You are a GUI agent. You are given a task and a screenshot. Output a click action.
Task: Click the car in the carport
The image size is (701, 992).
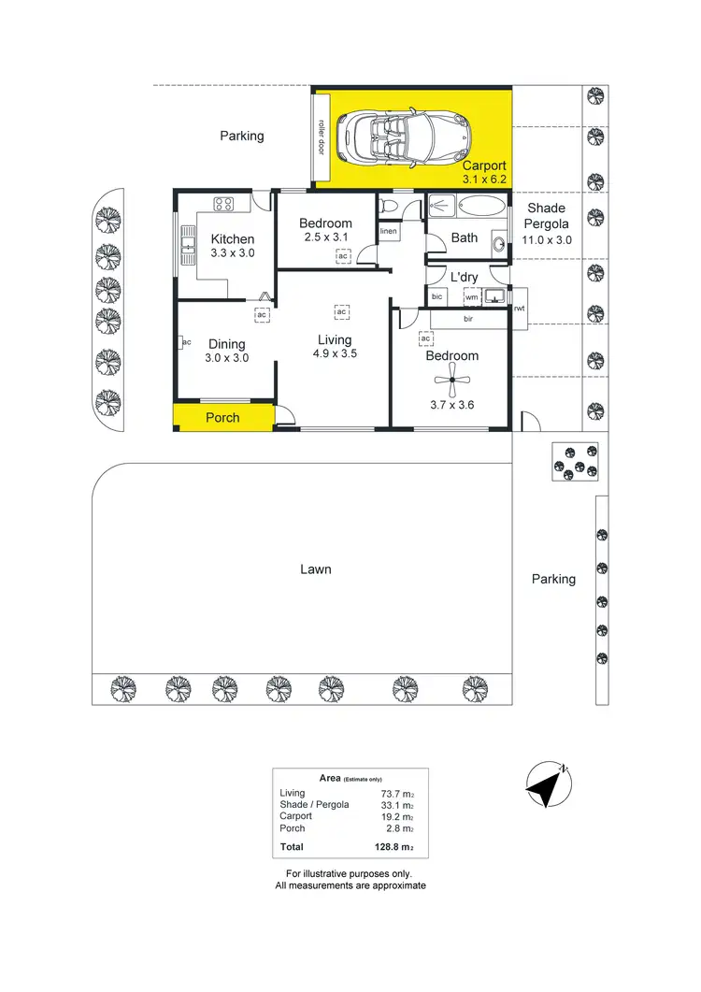click(406, 137)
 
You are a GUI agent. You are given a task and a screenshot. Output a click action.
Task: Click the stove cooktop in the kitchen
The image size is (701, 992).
click(224, 204)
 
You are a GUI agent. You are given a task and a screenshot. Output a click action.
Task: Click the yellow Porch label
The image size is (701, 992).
click(222, 418)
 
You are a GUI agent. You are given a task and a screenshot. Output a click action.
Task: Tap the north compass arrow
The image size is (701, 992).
click(547, 784)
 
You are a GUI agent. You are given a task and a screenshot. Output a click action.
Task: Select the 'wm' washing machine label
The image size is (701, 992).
click(471, 296)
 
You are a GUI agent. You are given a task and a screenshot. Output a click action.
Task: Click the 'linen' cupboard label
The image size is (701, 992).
click(389, 231)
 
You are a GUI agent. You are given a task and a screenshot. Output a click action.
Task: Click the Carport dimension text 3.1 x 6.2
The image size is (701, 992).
click(483, 179)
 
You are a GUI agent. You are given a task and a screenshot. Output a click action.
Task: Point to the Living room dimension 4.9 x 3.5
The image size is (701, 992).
click(335, 354)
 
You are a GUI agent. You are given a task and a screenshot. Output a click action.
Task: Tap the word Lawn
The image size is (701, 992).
click(315, 568)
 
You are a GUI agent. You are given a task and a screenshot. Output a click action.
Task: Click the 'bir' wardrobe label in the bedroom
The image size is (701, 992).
click(468, 319)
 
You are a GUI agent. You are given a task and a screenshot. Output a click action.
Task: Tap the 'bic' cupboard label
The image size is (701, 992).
click(436, 296)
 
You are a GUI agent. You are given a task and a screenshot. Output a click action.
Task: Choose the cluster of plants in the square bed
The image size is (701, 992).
click(574, 461)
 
